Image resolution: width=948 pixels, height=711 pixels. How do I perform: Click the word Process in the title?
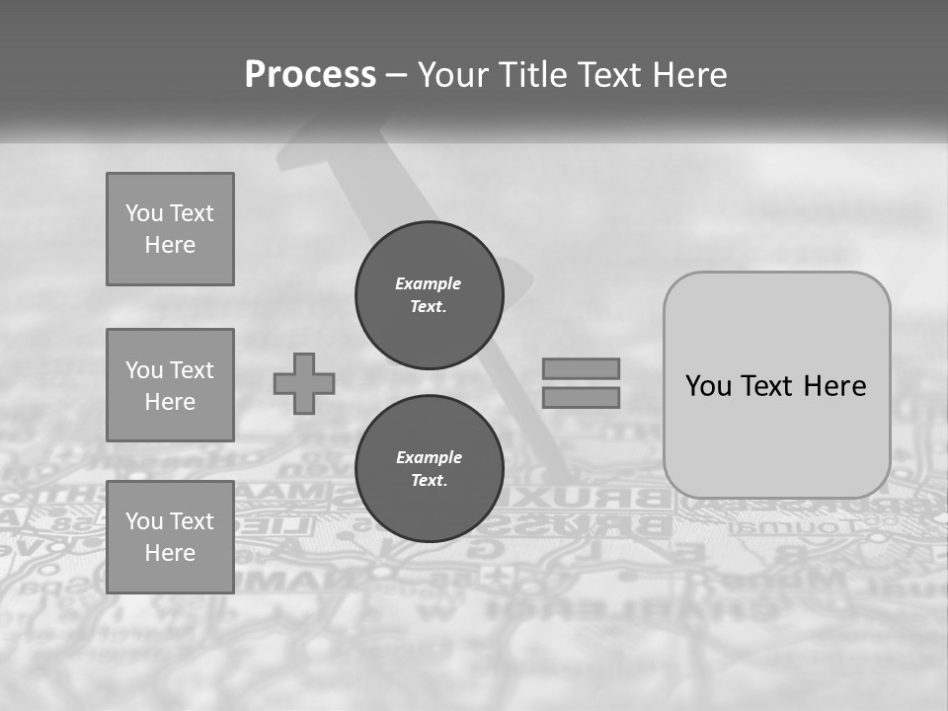point(310,75)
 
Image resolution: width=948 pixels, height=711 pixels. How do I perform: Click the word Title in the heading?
point(528,75)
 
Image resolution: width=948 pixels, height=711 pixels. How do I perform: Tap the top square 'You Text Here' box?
point(170,229)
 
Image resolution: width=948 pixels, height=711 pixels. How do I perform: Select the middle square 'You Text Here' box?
point(170,385)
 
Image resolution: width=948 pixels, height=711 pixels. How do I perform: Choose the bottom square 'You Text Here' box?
point(170,537)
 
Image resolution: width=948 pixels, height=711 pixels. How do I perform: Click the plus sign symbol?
point(304,383)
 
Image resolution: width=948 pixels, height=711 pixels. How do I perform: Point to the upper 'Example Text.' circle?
point(429,295)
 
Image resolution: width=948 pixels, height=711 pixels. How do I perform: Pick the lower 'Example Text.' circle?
point(429,469)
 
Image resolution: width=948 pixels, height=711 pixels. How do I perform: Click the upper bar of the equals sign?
point(581,368)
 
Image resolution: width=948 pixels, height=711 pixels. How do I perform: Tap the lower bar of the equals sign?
point(581,397)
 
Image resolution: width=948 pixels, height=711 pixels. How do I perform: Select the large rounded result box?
point(776,434)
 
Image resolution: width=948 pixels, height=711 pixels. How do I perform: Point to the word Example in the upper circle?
point(429,283)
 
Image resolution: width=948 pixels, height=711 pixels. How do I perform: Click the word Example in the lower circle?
point(429,457)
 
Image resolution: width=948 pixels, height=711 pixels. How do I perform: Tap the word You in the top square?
point(144,213)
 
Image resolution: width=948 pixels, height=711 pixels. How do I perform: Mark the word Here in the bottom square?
point(170,553)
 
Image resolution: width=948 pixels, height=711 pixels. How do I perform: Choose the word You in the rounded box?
point(708,386)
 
